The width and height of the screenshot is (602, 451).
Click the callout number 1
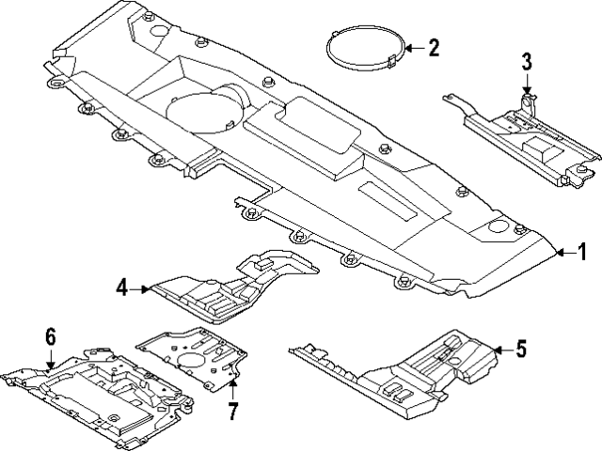[x=582, y=251]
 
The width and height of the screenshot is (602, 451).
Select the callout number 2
[x=434, y=48]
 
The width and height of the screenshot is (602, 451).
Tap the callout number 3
[x=528, y=63]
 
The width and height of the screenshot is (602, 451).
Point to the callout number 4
[x=122, y=288]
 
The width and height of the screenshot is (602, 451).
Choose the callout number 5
[x=522, y=350]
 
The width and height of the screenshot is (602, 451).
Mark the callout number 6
[x=51, y=335]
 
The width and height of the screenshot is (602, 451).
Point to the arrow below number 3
[x=528, y=86]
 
